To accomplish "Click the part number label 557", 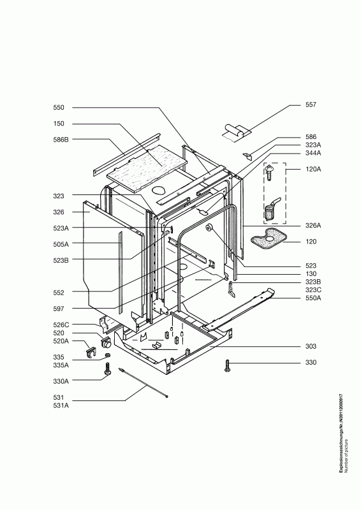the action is point(311,105).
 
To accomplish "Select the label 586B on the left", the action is point(61,140).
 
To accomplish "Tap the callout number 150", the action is point(59,124).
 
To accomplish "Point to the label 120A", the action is point(313,169).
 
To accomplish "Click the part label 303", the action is point(311,346).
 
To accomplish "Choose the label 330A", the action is point(61,381).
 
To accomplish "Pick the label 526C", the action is point(61,324).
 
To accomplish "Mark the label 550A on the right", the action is point(313,298).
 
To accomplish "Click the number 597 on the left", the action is point(59,309).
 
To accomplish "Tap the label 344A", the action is point(313,153).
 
